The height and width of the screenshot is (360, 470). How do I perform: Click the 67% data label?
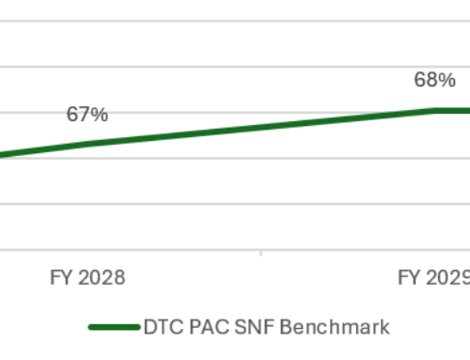pos(86,115)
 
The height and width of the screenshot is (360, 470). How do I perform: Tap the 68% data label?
pos(430,80)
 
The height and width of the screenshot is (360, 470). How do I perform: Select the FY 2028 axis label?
pos(87,277)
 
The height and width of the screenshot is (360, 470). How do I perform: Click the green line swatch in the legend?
pos(115,327)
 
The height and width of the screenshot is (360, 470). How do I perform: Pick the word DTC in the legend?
pos(162,327)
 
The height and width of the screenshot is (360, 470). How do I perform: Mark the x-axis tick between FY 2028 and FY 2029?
pos(260,253)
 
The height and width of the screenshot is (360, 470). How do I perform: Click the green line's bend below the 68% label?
pos(435,110)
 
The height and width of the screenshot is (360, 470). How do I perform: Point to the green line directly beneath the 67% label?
pos(86,144)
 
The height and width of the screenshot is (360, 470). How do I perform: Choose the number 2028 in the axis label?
pos(102,277)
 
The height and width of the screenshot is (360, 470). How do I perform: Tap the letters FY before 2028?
pos(61,277)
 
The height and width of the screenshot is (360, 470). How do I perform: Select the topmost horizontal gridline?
pos(235,22)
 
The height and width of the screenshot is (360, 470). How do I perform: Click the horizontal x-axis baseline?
pos(235,249)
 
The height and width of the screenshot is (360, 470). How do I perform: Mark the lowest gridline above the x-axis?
pos(235,203)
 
